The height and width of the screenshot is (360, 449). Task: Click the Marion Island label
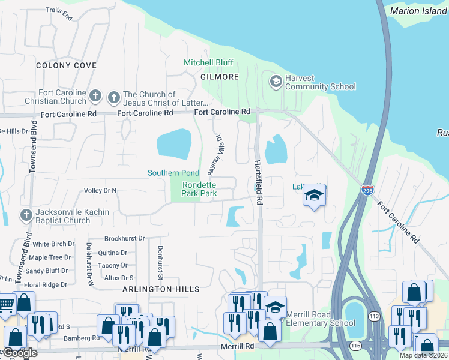(x=418, y=11)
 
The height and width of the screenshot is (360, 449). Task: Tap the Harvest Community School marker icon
(x=276, y=82)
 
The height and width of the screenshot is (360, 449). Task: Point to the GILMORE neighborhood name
(x=220, y=77)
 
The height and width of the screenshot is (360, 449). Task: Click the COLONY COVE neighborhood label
(x=66, y=65)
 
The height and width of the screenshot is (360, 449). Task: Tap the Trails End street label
(x=59, y=14)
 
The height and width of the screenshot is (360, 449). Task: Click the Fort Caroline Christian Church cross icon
(x=95, y=97)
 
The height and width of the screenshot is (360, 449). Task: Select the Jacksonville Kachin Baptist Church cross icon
(x=26, y=215)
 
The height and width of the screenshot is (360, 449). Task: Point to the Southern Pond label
(x=173, y=173)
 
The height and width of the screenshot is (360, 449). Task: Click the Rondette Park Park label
(x=199, y=189)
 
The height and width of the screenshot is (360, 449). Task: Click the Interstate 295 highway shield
(x=368, y=190)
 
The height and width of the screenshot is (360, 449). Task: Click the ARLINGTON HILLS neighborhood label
(x=161, y=289)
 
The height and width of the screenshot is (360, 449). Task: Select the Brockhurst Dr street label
(x=125, y=238)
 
